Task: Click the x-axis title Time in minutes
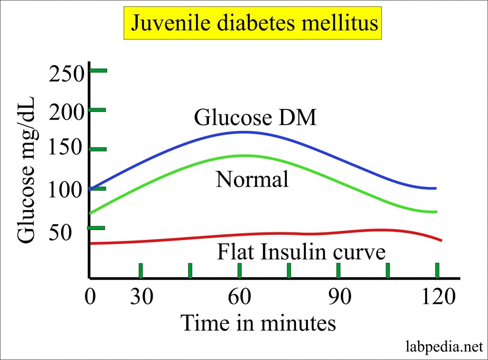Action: click(x=258, y=323)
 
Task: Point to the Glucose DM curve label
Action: click(x=255, y=118)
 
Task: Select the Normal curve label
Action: click(x=252, y=180)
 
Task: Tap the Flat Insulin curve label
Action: click(x=301, y=251)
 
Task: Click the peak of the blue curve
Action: click(x=243, y=132)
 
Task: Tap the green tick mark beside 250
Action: click(x=99, y=70)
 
